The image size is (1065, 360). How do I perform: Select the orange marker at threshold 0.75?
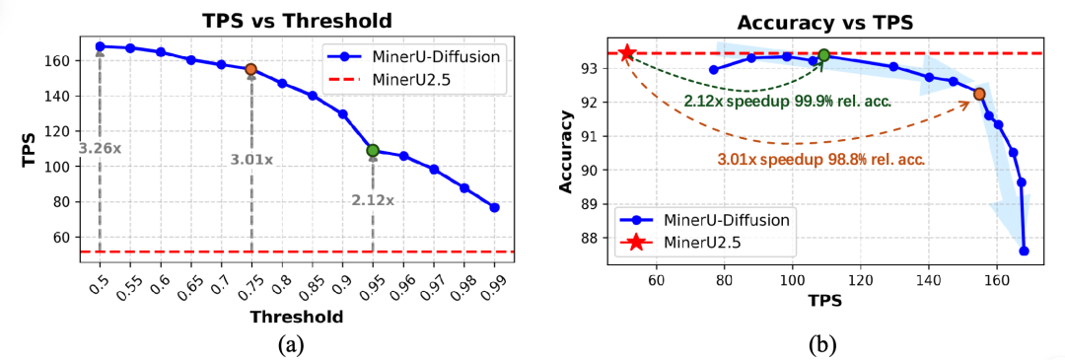pos(250,69)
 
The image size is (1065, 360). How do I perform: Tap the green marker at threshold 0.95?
pos(372,150)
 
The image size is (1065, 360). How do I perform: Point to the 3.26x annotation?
pos(99,148)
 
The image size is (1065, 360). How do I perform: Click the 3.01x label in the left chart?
pos(250,159)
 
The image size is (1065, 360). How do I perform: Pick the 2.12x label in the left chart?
pos(373,200)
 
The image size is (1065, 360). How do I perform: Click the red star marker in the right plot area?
pos(627,52)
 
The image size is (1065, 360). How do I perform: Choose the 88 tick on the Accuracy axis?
pos(595,237)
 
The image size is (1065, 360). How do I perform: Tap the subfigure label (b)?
pos(823,344)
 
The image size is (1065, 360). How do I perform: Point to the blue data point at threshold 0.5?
pos(100,46)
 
